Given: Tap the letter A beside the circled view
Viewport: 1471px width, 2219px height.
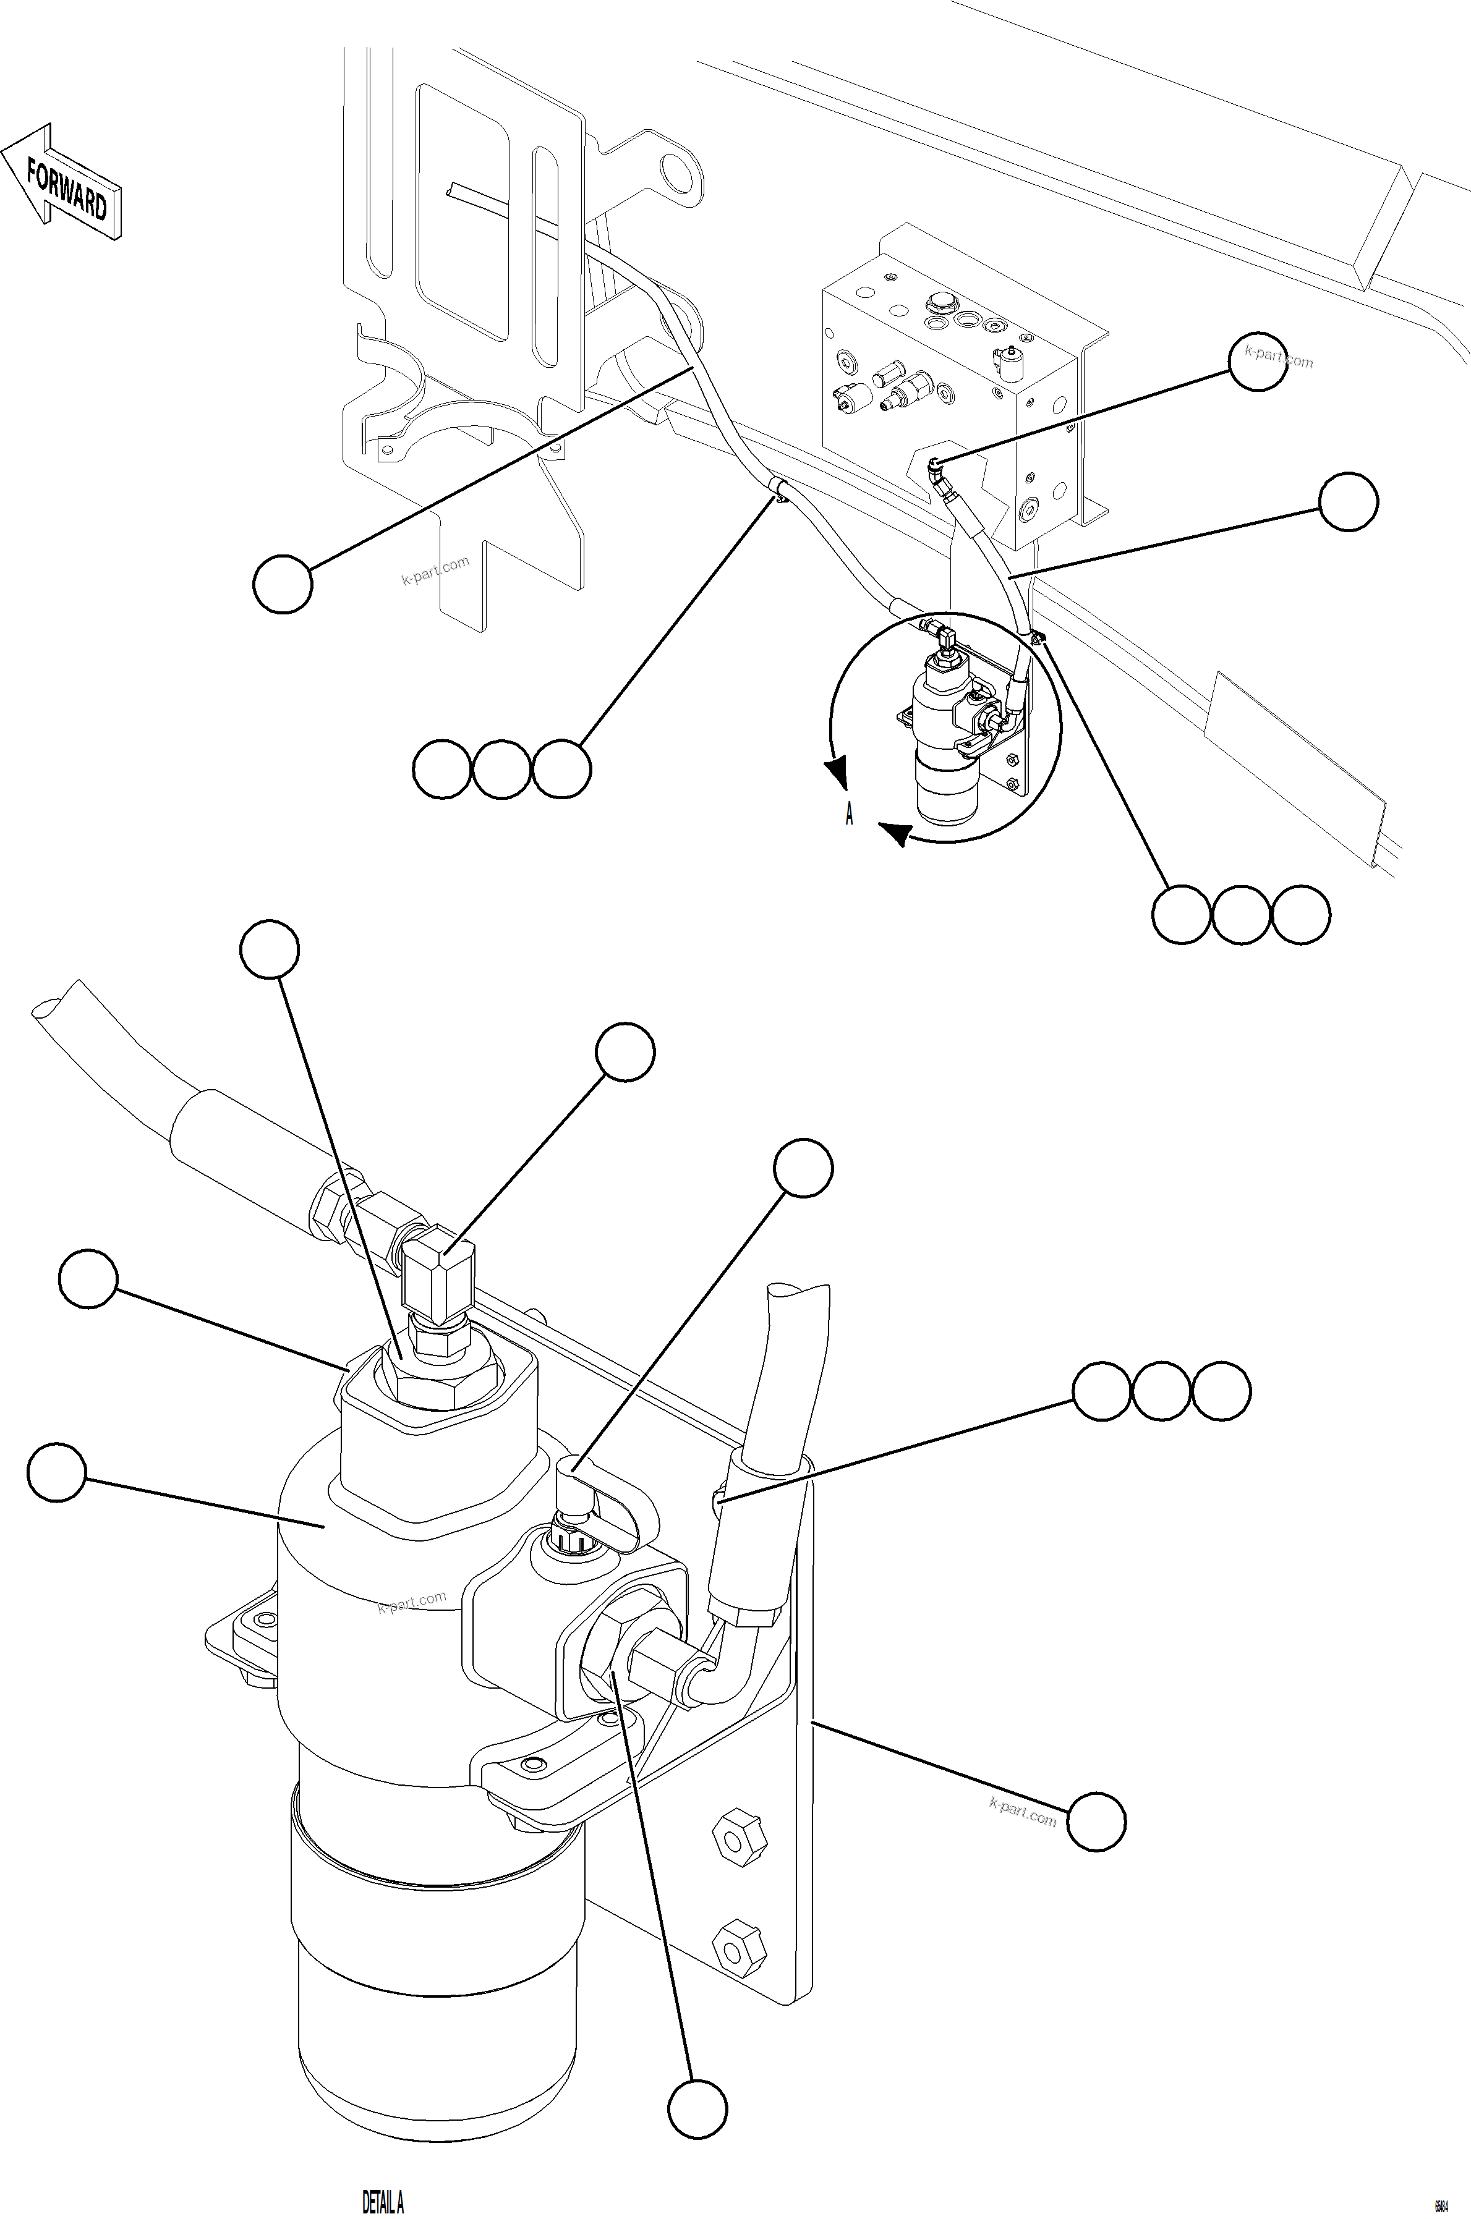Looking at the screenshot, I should coord(849,814).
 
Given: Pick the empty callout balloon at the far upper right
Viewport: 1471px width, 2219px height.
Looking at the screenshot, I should coord(1257,362).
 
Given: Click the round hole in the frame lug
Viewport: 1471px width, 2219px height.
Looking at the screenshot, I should coord(675,174).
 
